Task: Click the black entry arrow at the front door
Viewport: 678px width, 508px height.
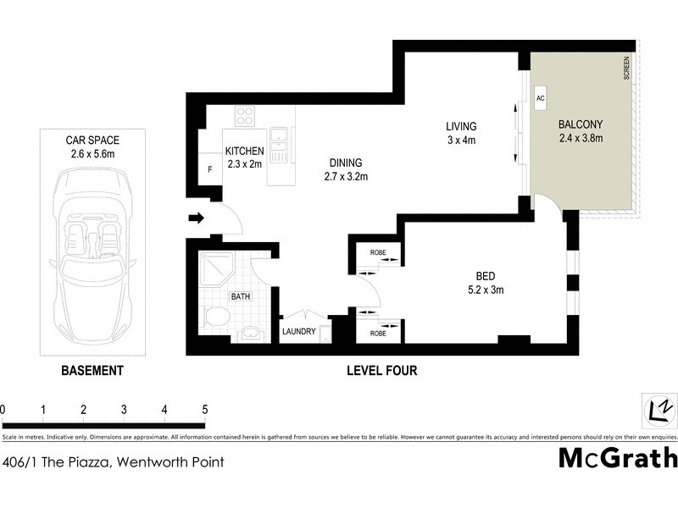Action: click(x=196, y=218)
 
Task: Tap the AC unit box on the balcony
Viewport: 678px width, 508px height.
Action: click(x=540, y=98)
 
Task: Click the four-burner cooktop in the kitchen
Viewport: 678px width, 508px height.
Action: click(x=245, y=115)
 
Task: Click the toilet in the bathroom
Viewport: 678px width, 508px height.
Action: click(x=218, y=317)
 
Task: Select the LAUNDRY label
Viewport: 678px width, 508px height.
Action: click(x=299, y=331)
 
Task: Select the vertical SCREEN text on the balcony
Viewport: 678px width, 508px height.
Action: click(x=627, y=68)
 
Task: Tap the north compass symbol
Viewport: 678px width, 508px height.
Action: click(x=659, y=409)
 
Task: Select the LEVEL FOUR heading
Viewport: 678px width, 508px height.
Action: click(x=382, y=371)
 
